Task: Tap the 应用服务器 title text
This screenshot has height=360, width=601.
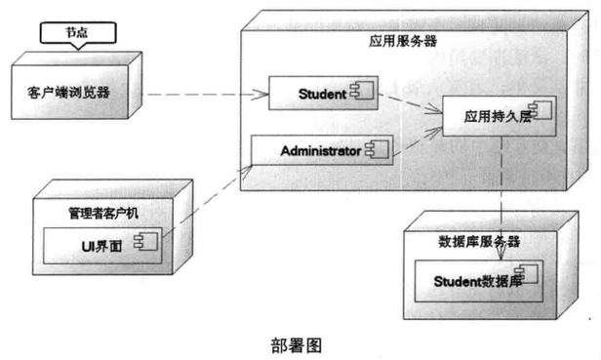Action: tap(403, 42)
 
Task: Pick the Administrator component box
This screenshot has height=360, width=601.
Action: tap(322, 150)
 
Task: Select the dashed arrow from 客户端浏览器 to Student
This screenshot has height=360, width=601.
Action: tap(205, 95)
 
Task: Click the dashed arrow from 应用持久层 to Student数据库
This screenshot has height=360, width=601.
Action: tap(501, 195)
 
